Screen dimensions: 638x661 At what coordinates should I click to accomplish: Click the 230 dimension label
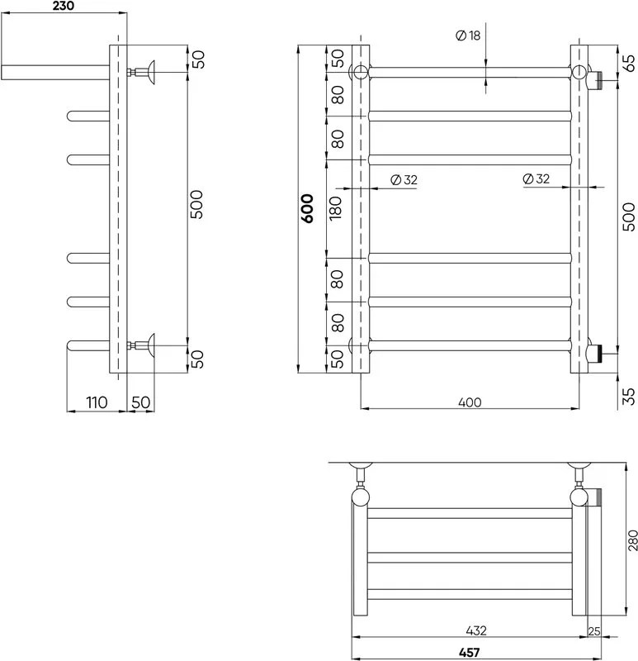[64, 6]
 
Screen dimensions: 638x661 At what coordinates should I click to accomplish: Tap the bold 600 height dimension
[308, 208]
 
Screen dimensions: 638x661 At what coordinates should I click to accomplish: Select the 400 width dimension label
[470, 402]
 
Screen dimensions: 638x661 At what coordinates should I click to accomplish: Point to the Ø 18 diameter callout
[468, 36]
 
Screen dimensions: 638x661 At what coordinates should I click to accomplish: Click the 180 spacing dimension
[336, 208]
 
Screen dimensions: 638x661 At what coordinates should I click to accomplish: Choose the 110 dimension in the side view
[97, 402]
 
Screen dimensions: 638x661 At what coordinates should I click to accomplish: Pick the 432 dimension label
[476, 630]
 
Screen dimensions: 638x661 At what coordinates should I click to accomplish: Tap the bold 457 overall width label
[469, 653]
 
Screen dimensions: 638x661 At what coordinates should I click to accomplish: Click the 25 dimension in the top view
[594, 631]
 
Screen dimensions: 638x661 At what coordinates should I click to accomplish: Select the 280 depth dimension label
[632, 540]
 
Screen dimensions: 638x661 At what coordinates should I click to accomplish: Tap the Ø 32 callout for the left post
[404, 180]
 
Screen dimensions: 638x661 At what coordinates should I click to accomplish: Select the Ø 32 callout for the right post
[536, 178]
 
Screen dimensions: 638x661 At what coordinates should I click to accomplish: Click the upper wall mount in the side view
[141, 72]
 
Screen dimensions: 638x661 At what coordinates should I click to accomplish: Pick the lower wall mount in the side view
[141, 345]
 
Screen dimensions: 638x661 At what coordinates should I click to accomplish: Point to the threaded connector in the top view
[595, 497]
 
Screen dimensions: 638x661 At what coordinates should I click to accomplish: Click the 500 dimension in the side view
[196, 204]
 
